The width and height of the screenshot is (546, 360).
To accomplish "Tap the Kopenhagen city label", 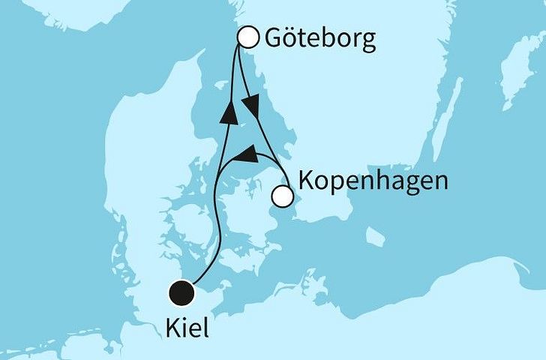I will (x=373, y=181).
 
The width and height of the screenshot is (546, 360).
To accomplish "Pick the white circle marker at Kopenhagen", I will (x=282, y=196).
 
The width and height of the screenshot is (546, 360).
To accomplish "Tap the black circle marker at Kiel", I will (x=181, y=292).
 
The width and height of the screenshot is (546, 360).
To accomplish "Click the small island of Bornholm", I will (x=375, y=237).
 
